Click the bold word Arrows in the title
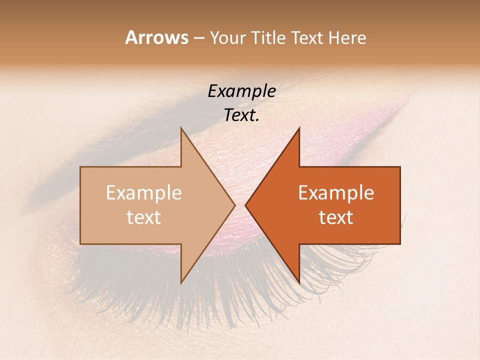point(156,37)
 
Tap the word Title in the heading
point(268,38)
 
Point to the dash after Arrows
point(198,38)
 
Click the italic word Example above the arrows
point(242,91)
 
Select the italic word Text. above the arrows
point(242,115)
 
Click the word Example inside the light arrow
point(144,193)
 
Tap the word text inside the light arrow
point(144,217)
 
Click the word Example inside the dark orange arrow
point(336,193)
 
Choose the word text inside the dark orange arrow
point(336,217)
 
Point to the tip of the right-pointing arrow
point(235,205)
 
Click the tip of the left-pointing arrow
point(245,205)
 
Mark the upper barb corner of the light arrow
point(181,128)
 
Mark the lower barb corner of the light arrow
point(181,283)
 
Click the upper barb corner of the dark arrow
point(299,128)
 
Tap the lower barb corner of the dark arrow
point(299,283)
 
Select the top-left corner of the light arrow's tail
point(80,167)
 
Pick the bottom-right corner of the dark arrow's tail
point(400,244)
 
